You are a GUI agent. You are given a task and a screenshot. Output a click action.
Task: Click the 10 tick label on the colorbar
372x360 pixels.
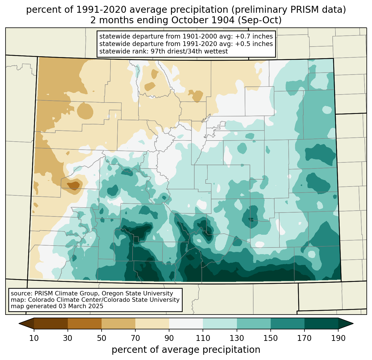tap(34, 338)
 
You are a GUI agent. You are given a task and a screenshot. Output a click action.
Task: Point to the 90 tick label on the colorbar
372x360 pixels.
tap(169, 338)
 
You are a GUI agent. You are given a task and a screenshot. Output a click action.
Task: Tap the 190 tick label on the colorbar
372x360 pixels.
tap(338, 338)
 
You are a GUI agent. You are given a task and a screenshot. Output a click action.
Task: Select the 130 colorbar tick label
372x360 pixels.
tap(237, 338)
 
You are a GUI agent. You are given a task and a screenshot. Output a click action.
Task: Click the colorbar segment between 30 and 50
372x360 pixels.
tap(84, 323)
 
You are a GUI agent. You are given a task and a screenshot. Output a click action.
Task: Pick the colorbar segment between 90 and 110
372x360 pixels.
tap(186, 323)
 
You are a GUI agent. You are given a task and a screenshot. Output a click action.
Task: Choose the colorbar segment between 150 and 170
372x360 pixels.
tap(288, 323)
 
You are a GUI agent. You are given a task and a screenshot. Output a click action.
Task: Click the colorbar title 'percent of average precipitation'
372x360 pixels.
tap(186, 350)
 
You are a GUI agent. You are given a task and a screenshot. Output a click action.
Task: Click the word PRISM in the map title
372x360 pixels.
tap(301, 10)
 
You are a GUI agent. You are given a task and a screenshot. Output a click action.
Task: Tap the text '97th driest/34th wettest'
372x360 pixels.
tap(189, 51)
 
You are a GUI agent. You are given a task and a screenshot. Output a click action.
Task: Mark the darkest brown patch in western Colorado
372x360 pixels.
tap(73, 185)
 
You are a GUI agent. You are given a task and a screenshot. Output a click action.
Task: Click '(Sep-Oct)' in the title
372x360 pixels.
tap(260, 20)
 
